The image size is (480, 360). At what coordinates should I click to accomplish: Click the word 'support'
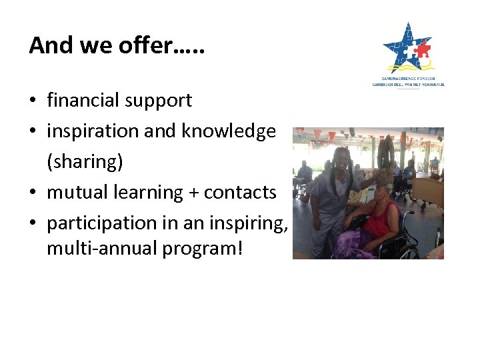click(x=161, y=101)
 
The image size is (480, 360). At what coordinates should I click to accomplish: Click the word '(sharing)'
click(x=85, y=162)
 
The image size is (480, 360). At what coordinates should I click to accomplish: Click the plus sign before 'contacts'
click(x=193, y=193)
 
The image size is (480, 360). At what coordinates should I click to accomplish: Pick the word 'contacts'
click(x=240, y=192)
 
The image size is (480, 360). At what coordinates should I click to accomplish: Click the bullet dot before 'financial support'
click(x=33, y=101)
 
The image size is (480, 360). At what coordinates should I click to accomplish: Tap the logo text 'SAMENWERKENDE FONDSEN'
click(x=407, y=78)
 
